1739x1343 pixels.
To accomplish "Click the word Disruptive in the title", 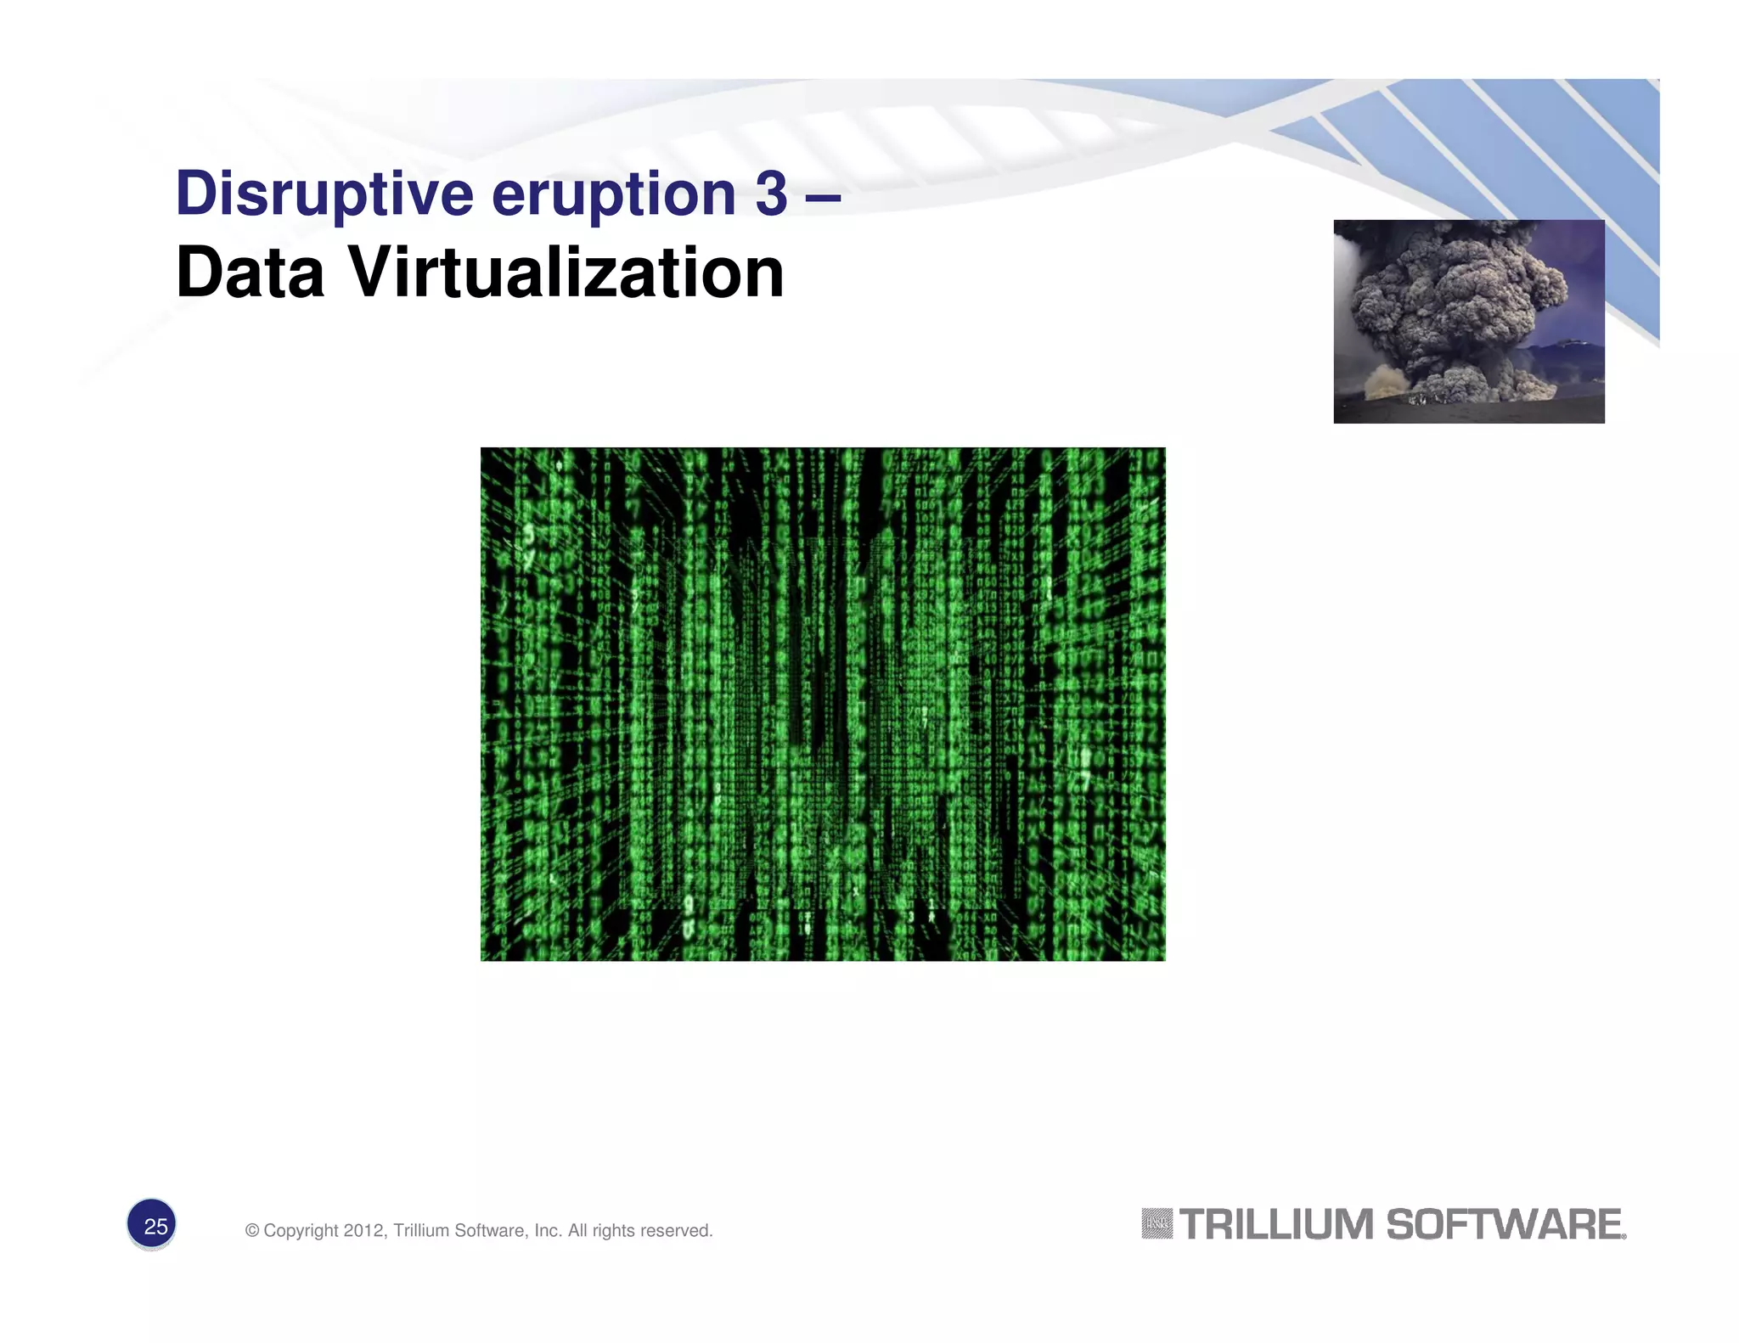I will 324,194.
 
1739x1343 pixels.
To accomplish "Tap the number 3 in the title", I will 771,193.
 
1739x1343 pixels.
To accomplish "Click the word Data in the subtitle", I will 250,273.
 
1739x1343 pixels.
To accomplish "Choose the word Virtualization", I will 566,273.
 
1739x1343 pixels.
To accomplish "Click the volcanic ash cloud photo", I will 1468,321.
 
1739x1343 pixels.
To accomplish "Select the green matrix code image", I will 822,704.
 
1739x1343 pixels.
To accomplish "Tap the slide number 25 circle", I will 152,1225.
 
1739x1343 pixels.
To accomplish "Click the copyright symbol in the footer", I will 252,1231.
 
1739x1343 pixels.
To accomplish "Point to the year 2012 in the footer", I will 364,1231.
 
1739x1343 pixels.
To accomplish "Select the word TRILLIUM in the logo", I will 1276,1225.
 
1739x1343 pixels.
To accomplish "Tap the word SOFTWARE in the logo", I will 1505,1225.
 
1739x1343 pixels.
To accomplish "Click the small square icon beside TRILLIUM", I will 1157,1224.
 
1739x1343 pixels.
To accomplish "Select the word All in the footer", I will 577,1231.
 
